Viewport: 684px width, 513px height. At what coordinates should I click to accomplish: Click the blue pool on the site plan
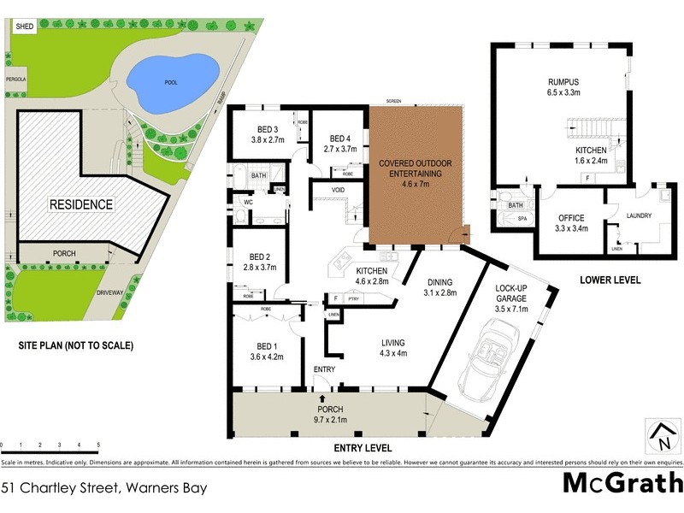pos(171,79)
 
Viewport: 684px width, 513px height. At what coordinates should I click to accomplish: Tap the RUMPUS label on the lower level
pos(564,83)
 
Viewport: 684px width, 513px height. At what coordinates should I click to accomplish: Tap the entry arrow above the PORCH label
pos(321,398)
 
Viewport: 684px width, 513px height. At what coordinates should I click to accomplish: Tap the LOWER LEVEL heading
pos(610,280)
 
